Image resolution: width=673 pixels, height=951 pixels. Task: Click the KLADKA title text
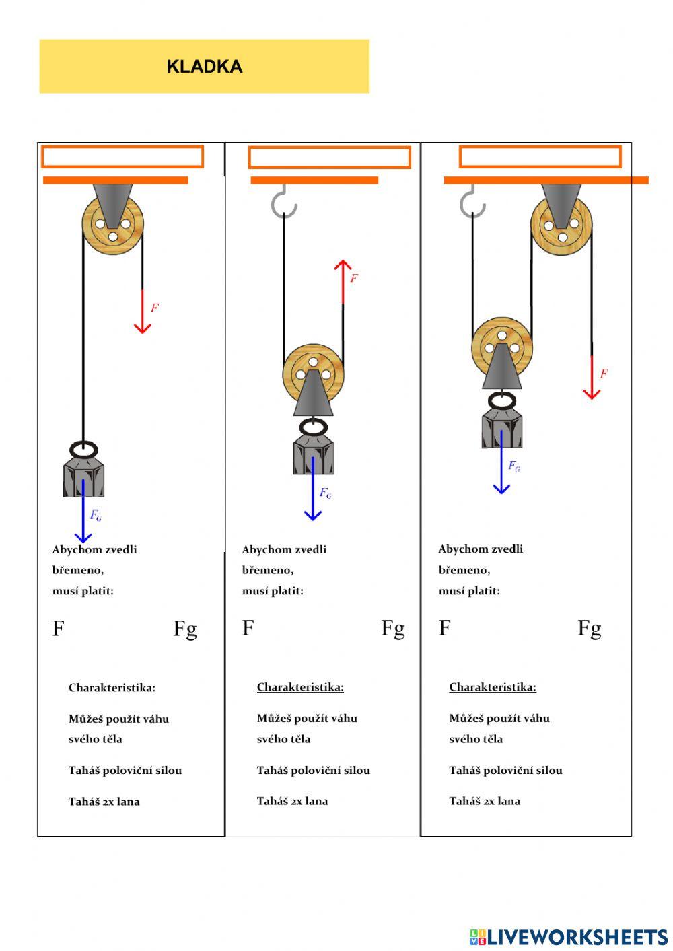[x=204, y=67]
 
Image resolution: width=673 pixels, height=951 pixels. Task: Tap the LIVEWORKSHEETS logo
[x=569, y=936]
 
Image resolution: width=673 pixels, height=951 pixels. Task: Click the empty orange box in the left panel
[x=122, y=156]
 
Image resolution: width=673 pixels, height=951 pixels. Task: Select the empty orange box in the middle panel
[x=329, y=157]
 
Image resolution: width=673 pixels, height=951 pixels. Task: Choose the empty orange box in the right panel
[x=540, y=156]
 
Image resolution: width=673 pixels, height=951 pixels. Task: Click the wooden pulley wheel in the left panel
[x=113, y=224]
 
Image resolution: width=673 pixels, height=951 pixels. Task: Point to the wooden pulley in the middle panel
[x=313, y=374]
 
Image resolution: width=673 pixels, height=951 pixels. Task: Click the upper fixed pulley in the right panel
[x=561, y=225]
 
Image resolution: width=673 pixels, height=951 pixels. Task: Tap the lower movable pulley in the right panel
[x=501, y=347]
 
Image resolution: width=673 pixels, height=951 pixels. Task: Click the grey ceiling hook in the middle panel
[x=284, y=202]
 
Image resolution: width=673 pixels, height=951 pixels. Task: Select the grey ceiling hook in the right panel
[x=472, y=202]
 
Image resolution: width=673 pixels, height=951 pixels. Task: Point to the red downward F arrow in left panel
[x=142, y=311]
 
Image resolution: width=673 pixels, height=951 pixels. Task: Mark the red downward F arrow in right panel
[x=592, y=377]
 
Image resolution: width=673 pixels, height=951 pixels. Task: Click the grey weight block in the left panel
[x=83, y=474]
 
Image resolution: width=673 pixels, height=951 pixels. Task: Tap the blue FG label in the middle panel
[x=325, y=493]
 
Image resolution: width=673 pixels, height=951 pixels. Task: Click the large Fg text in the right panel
[x=589, y=628]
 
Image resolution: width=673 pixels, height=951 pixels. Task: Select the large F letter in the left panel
[x=59, y=629]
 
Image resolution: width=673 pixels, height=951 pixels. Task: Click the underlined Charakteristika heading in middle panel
[x=300, y=687]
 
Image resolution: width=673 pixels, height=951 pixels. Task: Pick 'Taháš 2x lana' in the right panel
[x=485, y=801]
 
